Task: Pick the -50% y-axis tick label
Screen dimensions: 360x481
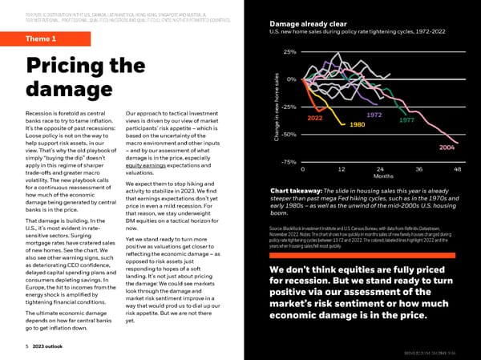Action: tap(289, 134)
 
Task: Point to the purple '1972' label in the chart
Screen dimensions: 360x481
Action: tap(376, 115)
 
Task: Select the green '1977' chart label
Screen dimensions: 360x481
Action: tap(406, 120)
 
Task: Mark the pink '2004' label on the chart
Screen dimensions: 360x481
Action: tap(448, 148)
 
